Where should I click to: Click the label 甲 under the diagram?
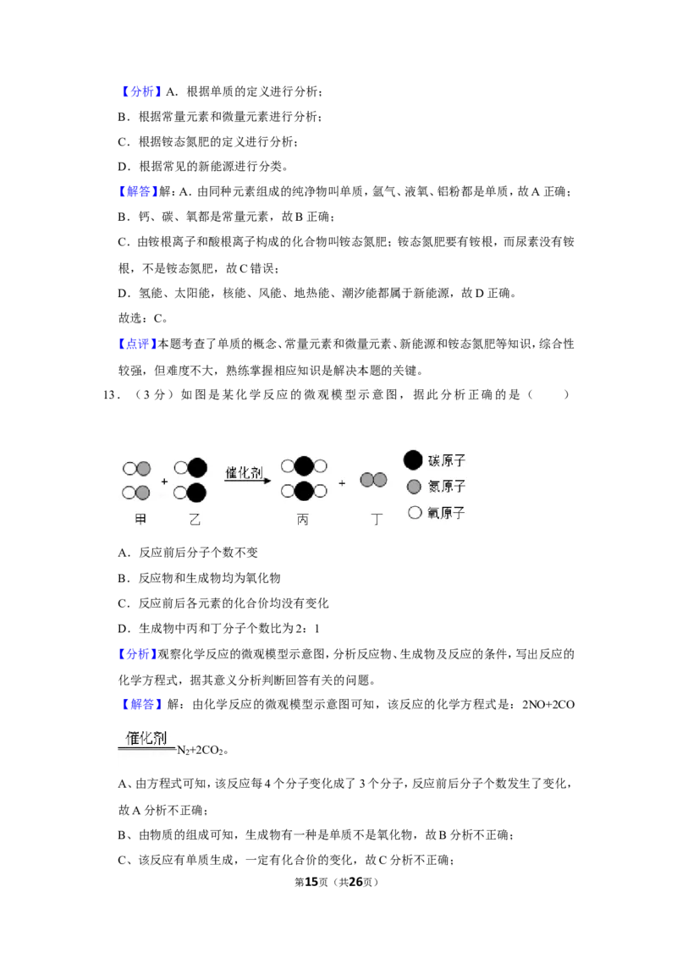tap(140, 520)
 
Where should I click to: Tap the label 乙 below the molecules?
tap(195, 520)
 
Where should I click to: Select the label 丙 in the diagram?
tap(302, 520)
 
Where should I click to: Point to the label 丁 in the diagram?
tap(377, 520)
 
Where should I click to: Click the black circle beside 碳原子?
tap(413, 460)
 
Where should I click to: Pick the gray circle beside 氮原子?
tap(414, 487)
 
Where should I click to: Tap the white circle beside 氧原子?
tap(415, 513)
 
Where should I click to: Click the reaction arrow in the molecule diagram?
tap(247, 480)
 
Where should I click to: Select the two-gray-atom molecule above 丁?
tap(373, 480)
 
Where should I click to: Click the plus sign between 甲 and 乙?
tap(164, 482)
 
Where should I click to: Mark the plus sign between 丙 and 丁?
tap(342, 482)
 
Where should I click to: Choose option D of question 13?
tap(218, 628)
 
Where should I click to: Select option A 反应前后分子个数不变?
tap(188, 553)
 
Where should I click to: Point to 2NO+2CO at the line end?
tap(548, 704)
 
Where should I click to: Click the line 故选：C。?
tap(143, 318)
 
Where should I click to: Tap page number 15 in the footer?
tap(311, 882)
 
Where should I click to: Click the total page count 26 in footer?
tap(355, 882)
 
